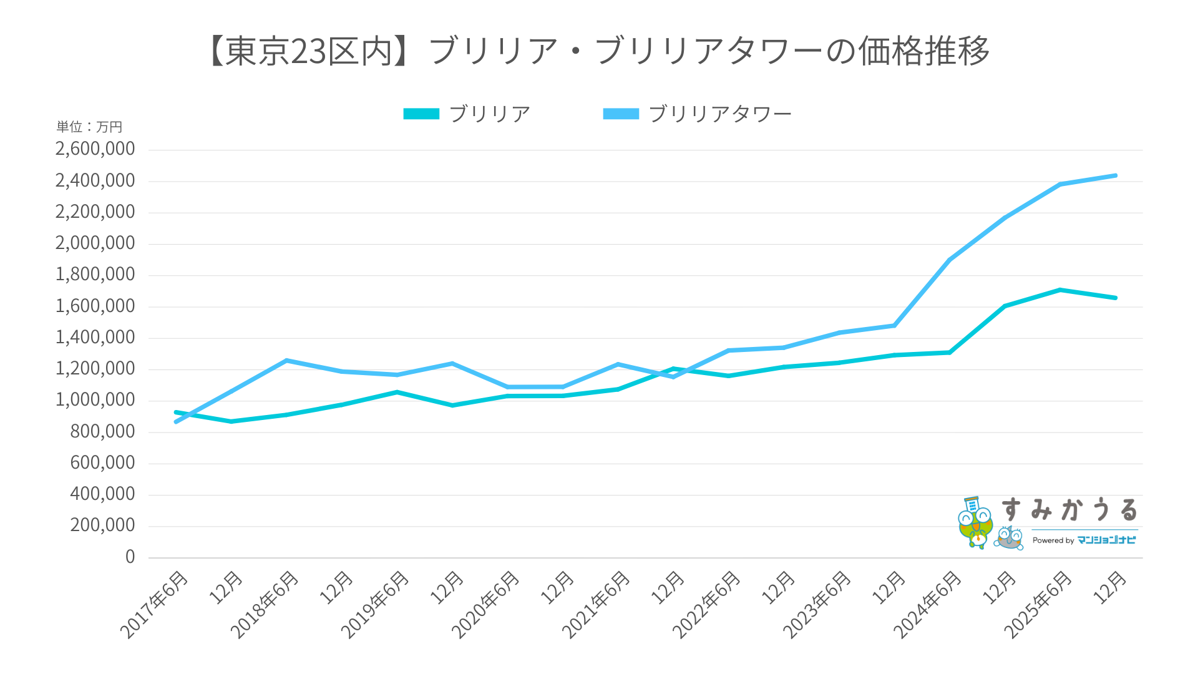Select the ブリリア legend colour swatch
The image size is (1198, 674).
coord(421,114)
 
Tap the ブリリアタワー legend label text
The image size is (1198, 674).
coord(720,114)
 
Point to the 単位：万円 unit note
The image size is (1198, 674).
coord(89,127)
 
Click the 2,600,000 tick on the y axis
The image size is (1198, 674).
coord(95,149)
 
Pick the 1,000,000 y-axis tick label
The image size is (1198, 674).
coord(95,400)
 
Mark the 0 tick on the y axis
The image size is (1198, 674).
coord(130,557)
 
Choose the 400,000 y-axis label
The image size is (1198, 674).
coord(102,494)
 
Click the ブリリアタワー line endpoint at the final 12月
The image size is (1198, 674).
coord(1115,176)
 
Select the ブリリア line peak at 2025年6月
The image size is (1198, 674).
coord(1060,290)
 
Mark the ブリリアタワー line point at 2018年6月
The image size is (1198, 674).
coord(286,361)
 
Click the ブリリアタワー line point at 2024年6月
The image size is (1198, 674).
coord(949,260)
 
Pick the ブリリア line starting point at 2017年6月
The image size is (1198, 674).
coord(176,413)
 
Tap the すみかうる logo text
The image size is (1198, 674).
coord(1069,510)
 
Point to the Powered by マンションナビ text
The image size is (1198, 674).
coord(1084,540)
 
